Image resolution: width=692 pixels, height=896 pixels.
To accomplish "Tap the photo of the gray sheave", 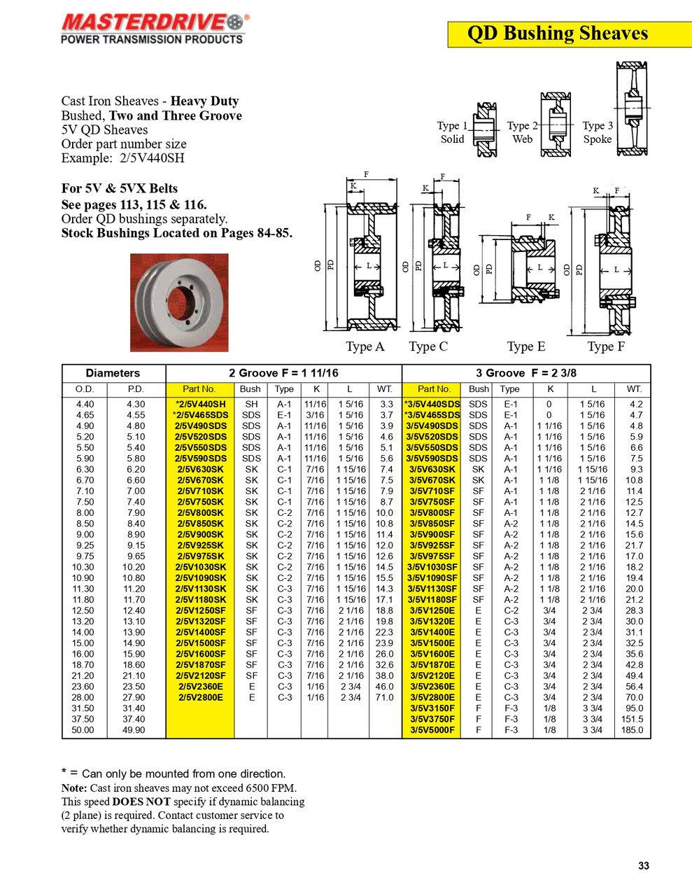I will (179, 302).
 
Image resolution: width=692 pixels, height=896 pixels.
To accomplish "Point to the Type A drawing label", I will (365, 346).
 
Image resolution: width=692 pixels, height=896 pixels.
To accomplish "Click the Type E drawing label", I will (525, 346).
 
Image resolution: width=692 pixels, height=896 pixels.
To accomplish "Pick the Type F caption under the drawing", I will (605, 346).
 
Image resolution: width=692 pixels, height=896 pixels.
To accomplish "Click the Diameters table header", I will (113, 373).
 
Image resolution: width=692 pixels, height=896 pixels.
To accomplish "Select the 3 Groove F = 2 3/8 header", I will (526, 373).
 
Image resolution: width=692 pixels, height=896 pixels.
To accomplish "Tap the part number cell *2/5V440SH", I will (200, 404).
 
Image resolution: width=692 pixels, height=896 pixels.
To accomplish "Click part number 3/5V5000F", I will (432, 730).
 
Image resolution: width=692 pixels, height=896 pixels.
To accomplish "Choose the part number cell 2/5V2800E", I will (200, 697).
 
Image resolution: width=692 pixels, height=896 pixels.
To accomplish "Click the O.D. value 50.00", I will (83, 730).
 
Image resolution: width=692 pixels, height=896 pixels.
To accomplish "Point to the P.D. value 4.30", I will (136, 404).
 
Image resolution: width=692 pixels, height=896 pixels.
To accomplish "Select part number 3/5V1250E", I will (432, 610).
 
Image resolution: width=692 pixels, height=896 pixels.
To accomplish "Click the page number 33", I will (643, 866).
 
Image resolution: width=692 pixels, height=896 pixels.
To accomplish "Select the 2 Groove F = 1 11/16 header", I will (283, 373).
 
